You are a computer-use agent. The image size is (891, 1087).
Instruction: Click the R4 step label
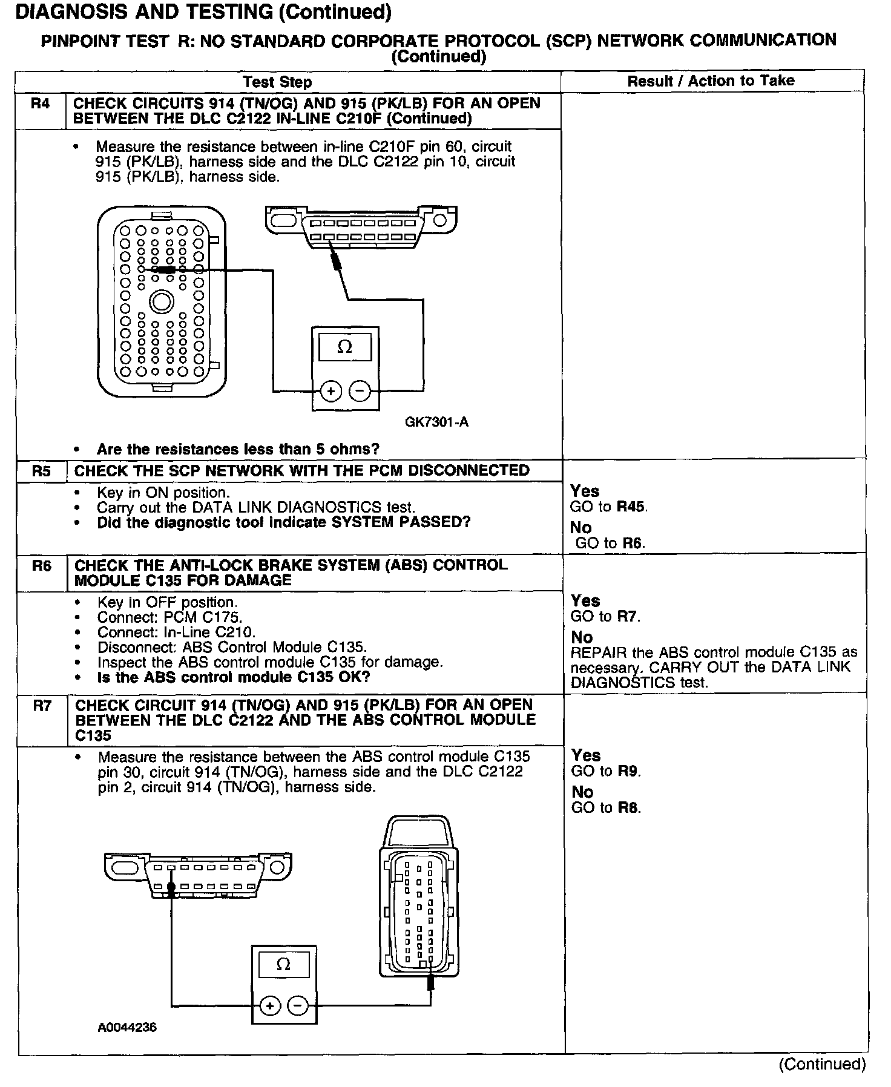point(40,103)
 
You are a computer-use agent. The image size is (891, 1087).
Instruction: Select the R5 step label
point(41,471)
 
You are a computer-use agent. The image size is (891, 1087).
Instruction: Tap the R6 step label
point(42,566)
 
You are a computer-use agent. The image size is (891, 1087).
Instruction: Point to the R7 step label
point(42,706)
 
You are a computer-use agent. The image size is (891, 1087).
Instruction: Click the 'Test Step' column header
point(277,82)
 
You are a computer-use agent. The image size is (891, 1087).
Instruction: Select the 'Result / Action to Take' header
point(711,80)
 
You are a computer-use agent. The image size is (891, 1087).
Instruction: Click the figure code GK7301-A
point(436,422)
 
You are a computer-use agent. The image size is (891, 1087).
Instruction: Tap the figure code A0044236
point(127,1027)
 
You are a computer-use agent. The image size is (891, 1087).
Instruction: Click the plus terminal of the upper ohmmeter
point(330,392)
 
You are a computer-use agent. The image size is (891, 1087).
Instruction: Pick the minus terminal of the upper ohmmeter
point(360,392)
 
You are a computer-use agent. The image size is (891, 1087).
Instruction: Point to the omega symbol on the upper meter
point(344,347)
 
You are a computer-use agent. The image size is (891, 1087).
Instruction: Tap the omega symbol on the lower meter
point(283,965)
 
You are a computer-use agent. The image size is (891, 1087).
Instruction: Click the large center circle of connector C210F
point(161,301)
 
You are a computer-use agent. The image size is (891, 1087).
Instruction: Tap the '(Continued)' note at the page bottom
point(822,1064)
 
